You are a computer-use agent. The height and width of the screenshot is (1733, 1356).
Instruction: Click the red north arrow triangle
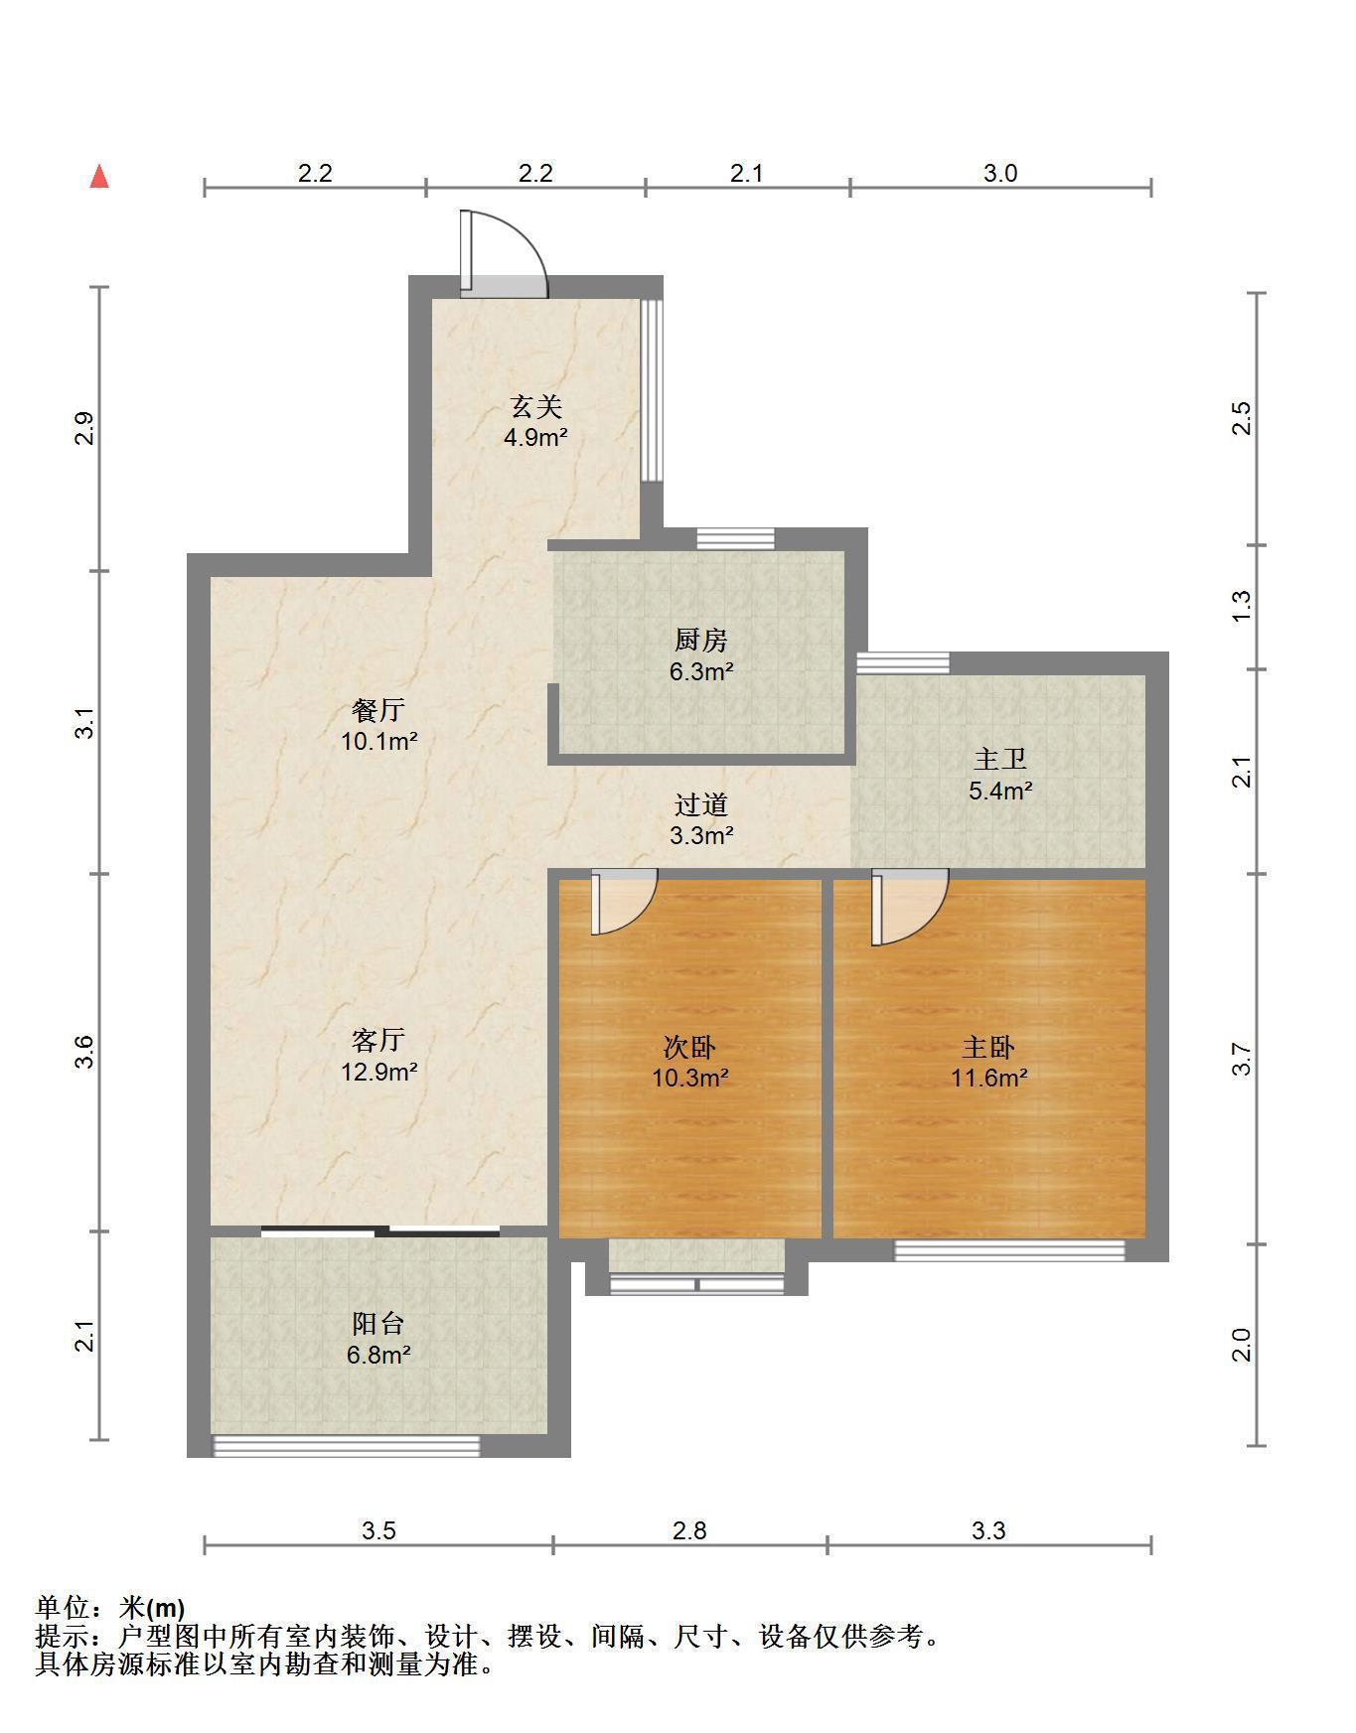[99, 177]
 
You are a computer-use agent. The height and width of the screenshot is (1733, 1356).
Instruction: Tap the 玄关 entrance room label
[536, 406]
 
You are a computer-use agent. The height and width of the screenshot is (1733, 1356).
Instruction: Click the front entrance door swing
[504, 253]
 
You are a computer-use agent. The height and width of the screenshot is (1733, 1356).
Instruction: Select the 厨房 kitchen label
[701, 641]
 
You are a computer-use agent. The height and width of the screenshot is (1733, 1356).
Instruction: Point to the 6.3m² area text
[701, 671]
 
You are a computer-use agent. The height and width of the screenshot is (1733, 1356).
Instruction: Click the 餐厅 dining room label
[378, 710]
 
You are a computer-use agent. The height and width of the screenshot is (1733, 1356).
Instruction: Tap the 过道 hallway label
[701, 804]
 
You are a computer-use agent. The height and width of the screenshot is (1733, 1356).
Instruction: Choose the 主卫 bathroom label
[1000, 760]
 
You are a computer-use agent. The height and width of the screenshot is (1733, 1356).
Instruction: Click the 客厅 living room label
[378, 1040]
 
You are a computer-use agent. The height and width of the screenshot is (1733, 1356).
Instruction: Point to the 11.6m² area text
[989, 1078]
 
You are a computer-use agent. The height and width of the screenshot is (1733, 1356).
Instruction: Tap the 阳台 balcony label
[378, 1324]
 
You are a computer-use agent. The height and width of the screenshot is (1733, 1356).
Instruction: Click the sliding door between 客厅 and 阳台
[380, 1232]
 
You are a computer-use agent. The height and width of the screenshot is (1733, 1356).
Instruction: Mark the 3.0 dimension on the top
[1000, 173]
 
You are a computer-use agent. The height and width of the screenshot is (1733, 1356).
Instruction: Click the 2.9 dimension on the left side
[86, 428]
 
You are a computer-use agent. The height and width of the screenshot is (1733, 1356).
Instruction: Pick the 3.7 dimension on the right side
[1242, 1059]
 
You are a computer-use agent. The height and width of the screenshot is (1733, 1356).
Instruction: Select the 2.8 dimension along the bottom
[689, 1530]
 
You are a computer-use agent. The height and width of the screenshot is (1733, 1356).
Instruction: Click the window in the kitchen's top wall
[735, 538]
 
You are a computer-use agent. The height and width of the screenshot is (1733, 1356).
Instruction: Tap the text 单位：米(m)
[110, 1607]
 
